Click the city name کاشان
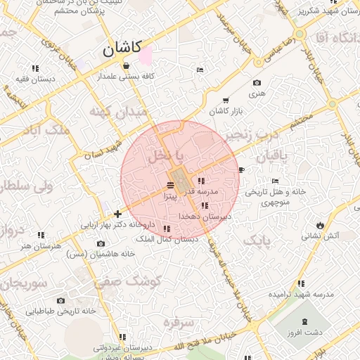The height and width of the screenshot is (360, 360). tap(122, 49)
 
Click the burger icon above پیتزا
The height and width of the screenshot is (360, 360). tap(171, 186)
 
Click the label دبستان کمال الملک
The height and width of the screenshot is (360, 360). tap(168, 239)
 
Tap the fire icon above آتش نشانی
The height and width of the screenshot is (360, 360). tap(321, 225)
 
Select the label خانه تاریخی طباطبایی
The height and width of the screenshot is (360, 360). tap(60, 311)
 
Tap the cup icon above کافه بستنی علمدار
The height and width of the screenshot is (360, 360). tap(126, 66)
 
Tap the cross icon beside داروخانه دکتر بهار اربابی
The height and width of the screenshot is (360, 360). tap(117, 214)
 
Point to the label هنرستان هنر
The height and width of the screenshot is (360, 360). tap(37, 245)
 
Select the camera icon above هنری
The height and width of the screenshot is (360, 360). tap(256, 83)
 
